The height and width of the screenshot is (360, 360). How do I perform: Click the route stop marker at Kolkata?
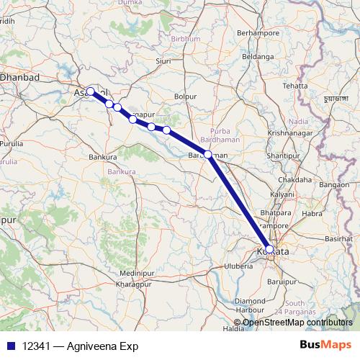coord(269,249)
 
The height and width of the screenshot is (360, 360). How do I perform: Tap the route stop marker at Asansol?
coord(91,91)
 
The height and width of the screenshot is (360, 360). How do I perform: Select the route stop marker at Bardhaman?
coord(208,154)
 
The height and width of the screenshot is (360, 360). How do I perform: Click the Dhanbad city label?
coord(19,76)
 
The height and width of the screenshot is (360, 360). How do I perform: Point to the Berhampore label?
coord(257,33)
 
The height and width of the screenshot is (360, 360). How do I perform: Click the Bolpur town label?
coord(186,96)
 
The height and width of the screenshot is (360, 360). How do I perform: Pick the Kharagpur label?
coord(135,285)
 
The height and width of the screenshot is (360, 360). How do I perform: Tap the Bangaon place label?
coord(335,185)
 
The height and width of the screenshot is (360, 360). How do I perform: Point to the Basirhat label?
coord(338,238)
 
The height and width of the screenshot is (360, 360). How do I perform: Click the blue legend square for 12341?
coord(10,346)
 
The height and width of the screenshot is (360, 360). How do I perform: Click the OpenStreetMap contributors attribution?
coord(297,323)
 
